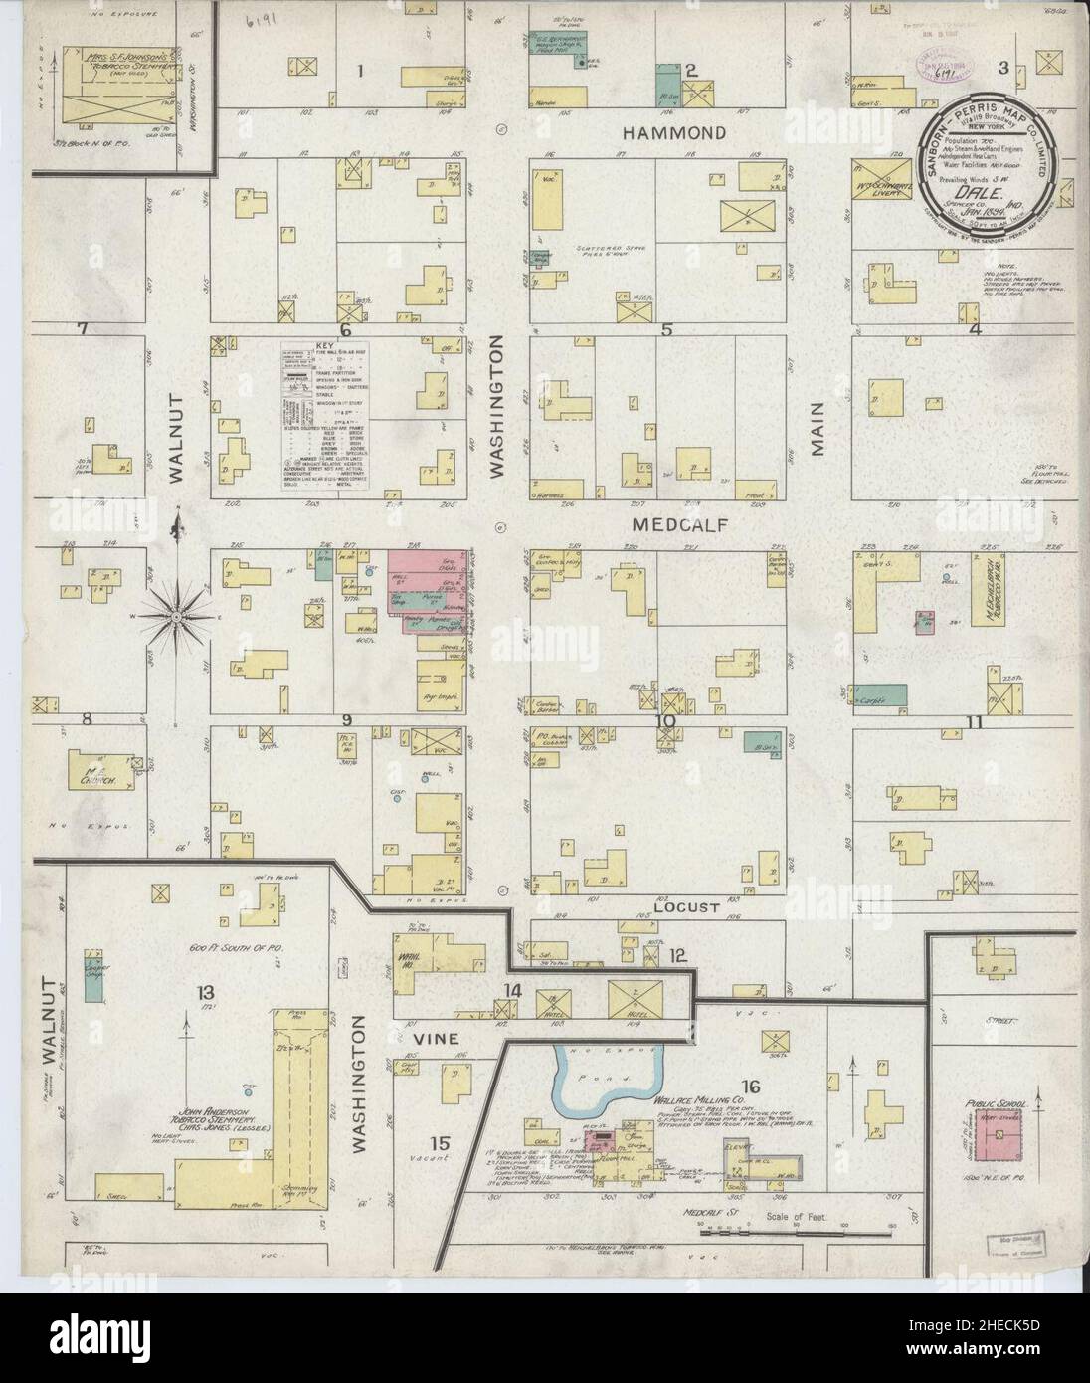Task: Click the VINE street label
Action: [433, 1038]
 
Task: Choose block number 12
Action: [677, 956]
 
